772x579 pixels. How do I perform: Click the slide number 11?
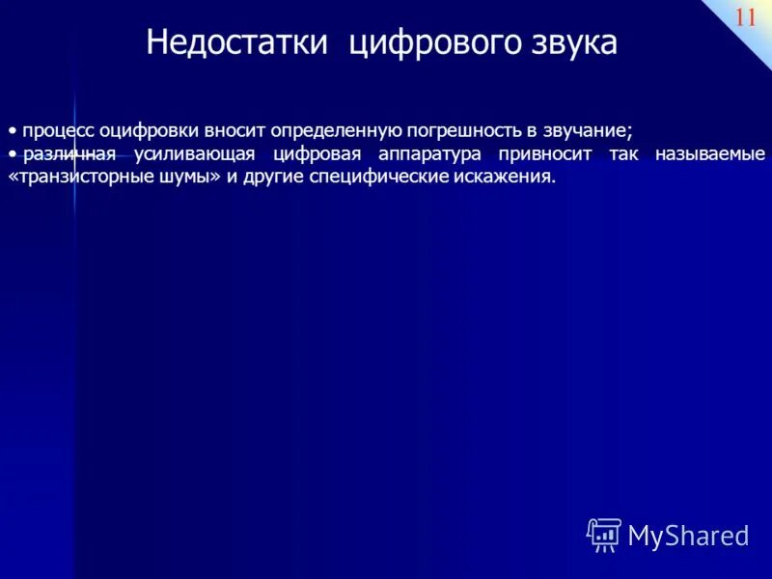click(746, 17)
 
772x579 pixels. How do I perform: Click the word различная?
click(69, 154)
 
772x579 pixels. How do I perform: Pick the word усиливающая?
click(202, 154)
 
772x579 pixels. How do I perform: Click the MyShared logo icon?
click(604, 535)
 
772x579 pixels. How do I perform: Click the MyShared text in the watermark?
click(688, 536)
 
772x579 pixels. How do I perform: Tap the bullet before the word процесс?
click(14, 131)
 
